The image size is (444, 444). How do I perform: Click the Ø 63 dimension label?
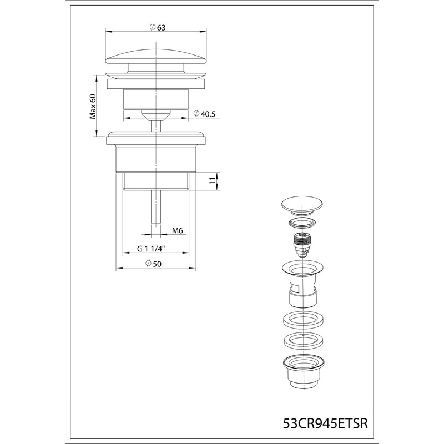[x=157, y=27]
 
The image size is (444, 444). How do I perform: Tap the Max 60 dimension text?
[x=93, y=107]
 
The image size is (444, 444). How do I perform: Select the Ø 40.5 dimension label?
[x=204, y=114]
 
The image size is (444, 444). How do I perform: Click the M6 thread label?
[x=178, y=231]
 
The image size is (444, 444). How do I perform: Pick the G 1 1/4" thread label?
[x=151, y=249]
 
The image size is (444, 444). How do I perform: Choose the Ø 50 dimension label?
[x=153, y=264]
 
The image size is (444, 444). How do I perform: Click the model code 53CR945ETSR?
[x=325, y=423]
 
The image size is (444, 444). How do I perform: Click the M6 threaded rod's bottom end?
[x=156, y=224]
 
